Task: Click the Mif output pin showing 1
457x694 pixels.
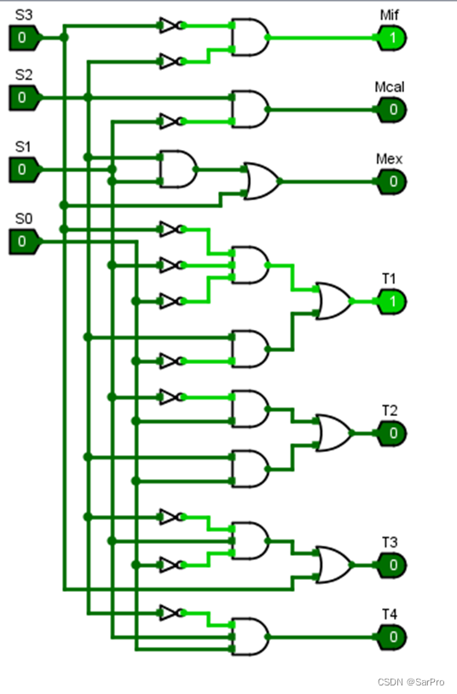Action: (x=391, y=38)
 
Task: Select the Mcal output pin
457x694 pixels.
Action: (x=391, y=110)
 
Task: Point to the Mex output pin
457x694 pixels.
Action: (x=391, y=182)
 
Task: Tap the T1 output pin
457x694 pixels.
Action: (x=391, y=302)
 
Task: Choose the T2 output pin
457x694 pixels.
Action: (x=391, y=433)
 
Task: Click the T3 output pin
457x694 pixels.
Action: (x=391, y=565)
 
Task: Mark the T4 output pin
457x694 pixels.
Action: (x=391, y=637)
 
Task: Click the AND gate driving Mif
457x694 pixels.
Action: (x=250, y=38)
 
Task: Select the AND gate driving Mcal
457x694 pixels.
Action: (x=250, y=110)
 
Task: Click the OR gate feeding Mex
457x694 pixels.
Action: (x=262, y=182)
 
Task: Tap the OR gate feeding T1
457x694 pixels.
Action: (x=334, y=302)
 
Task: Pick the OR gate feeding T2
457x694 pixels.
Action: (x=334, y=433)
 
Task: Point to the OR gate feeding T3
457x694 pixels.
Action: (x=334, y=565)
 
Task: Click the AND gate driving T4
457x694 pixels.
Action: (x=250, y=637)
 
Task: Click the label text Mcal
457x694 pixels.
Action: (x=390, y=87)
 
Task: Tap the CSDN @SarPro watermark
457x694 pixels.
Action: (x=411, y=682)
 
